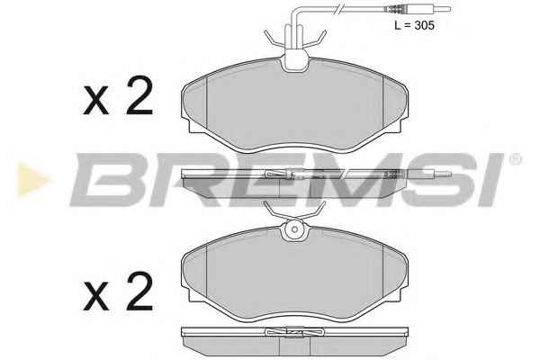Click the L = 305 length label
point(414,25)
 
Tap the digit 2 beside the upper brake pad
point(139,95)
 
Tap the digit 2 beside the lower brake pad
point(139,291)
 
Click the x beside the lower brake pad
point(96,296)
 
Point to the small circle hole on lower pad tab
point(294,229)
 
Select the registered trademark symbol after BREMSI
point(516,159)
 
